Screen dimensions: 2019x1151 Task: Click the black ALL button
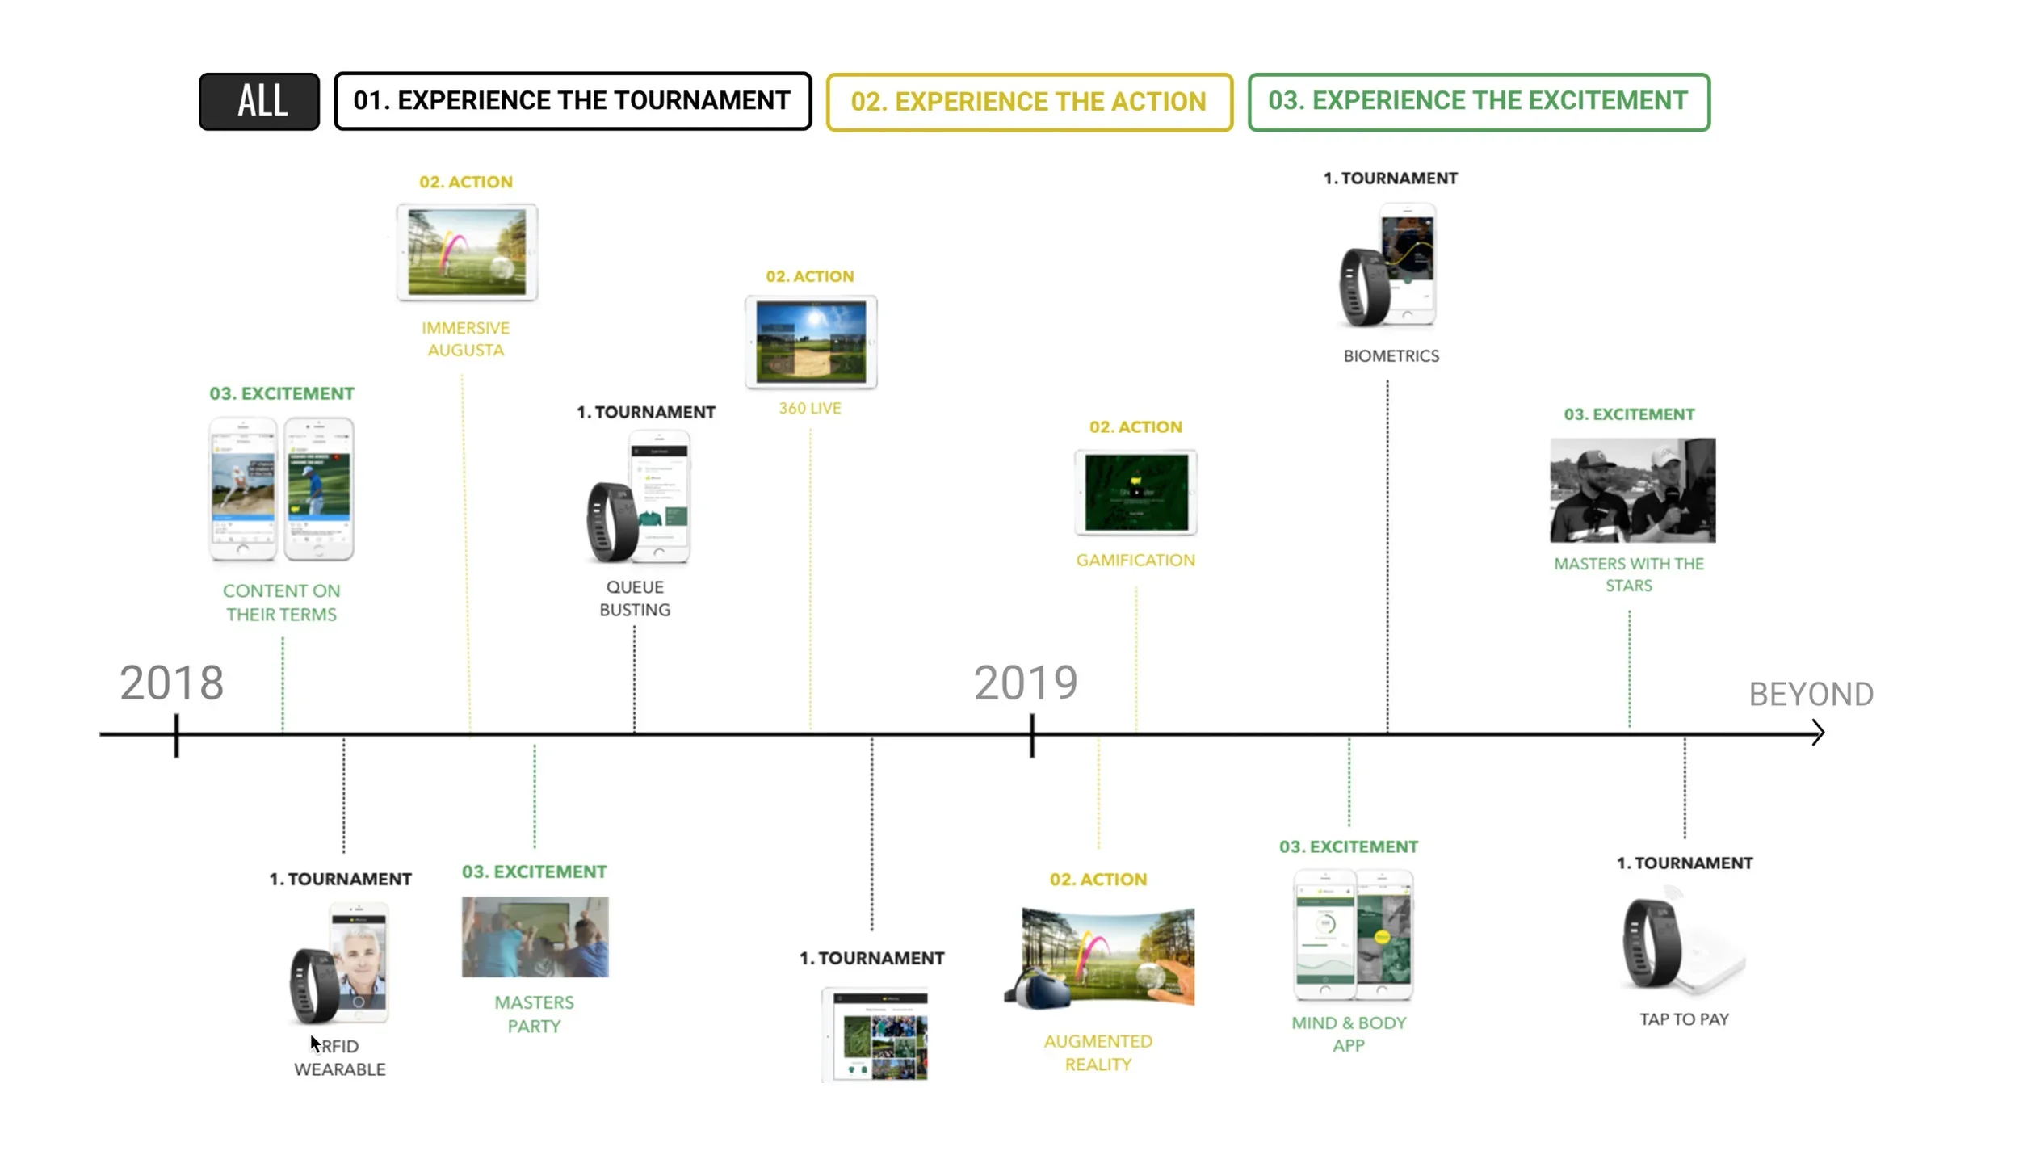coord(259,101)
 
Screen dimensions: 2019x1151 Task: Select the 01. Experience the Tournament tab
coord(572,101)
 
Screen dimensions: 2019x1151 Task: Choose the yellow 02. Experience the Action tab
coord(1028,102)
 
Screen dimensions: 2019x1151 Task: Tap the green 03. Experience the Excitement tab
coord(1478,102)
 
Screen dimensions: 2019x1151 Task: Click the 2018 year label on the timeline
coord(171,683)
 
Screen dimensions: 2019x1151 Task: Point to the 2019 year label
coord(1025,683)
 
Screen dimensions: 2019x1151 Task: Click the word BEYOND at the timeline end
coord(1811,695)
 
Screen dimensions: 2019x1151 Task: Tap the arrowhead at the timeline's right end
coord(1817,733)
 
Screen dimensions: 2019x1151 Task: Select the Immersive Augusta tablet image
coord(467,252)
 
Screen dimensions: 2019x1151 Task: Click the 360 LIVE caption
coord(809,409)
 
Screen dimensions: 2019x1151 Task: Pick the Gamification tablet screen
coord(1135,492)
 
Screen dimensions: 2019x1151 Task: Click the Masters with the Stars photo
coord(1632,489)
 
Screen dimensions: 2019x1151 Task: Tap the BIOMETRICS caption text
coord(1391,356)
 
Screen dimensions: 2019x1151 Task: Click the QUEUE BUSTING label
coord(635,599)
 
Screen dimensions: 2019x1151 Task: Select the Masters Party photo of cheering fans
coord(535,936)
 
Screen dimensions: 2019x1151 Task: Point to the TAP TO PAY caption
coord(1684,1019)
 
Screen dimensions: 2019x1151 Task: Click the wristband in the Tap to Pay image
coord(1652,943)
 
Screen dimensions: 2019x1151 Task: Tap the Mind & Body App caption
coord(1348,1034)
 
